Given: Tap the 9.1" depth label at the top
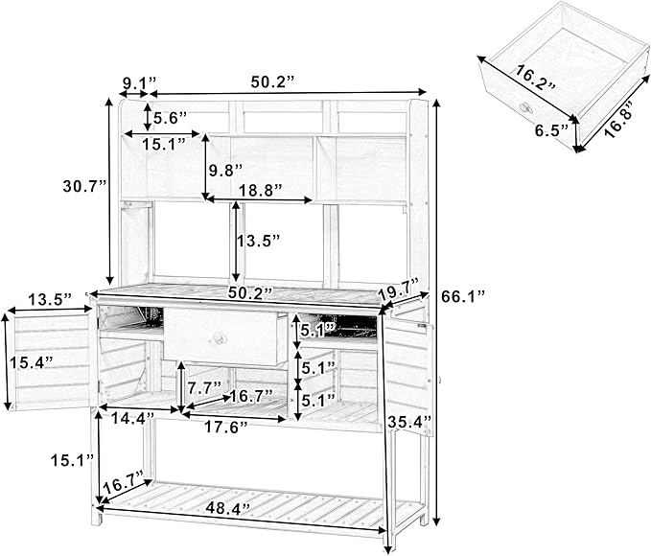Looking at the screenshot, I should click(x=138, y=81).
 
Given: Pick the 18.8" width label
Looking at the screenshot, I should click(x=259, y=191).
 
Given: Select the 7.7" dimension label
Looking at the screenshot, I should click(x=204, y=388).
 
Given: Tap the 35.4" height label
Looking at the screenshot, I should click(x=412, y=420).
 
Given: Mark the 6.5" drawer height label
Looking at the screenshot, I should click(x=550, y=127).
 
